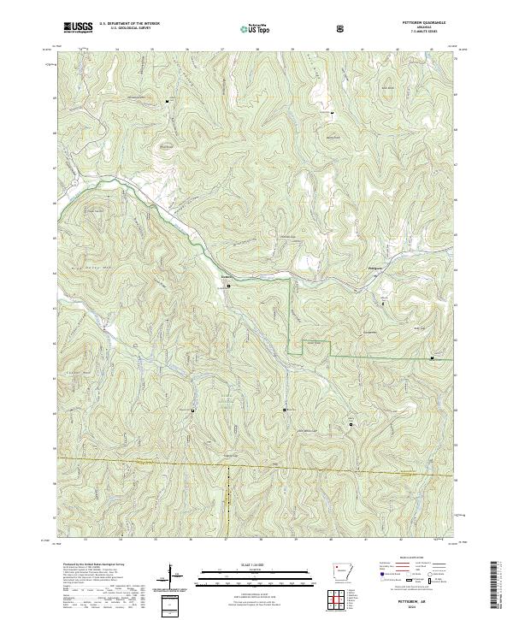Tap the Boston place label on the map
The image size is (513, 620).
pyautogui.click(x=227, y=276)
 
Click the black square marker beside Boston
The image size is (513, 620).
pyautogui.click(x=227, y=286)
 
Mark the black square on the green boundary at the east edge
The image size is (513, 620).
pyautogui.click(x=432, y=357)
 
